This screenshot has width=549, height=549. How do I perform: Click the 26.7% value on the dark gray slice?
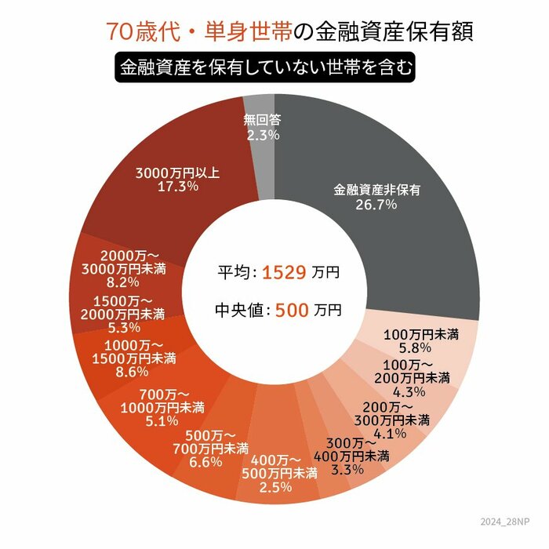(376, 204)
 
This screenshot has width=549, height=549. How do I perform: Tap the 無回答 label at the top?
(262, 121)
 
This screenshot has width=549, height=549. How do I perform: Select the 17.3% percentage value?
(178, 187)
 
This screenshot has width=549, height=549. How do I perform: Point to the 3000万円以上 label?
(177, 173)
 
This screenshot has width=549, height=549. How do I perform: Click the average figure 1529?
(284, 272)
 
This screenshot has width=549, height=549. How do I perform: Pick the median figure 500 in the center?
(292, 311)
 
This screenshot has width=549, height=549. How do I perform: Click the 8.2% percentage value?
(123, 282)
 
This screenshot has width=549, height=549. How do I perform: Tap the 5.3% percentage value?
(124, 327)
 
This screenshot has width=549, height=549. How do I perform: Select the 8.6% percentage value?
(132, 372)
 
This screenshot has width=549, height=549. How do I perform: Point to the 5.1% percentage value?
(162, 421)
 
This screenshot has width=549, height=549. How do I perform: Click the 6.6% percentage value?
(205, 462)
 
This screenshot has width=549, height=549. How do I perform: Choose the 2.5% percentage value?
(275, 487)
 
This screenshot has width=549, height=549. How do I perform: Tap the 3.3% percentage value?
(347, 469)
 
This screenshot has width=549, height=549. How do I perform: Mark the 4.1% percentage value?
(390, 433)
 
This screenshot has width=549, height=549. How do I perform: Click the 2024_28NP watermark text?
(504, 522)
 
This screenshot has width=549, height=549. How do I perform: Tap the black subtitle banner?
(265, 67)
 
